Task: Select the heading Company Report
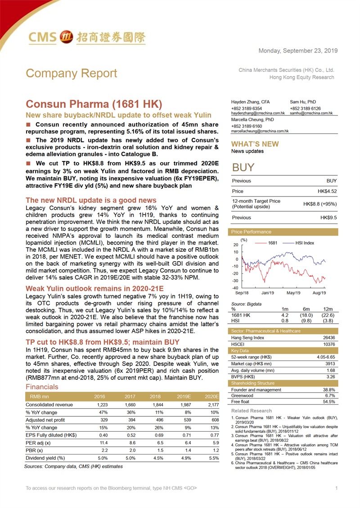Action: (72, 73)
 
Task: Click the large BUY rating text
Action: (243, 168)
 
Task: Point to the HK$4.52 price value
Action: (327, 192)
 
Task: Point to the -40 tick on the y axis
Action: (235, 288)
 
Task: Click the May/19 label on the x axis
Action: (293, 293)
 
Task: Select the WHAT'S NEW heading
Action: (255, 144)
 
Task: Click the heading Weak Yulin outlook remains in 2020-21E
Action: (94, 288)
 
